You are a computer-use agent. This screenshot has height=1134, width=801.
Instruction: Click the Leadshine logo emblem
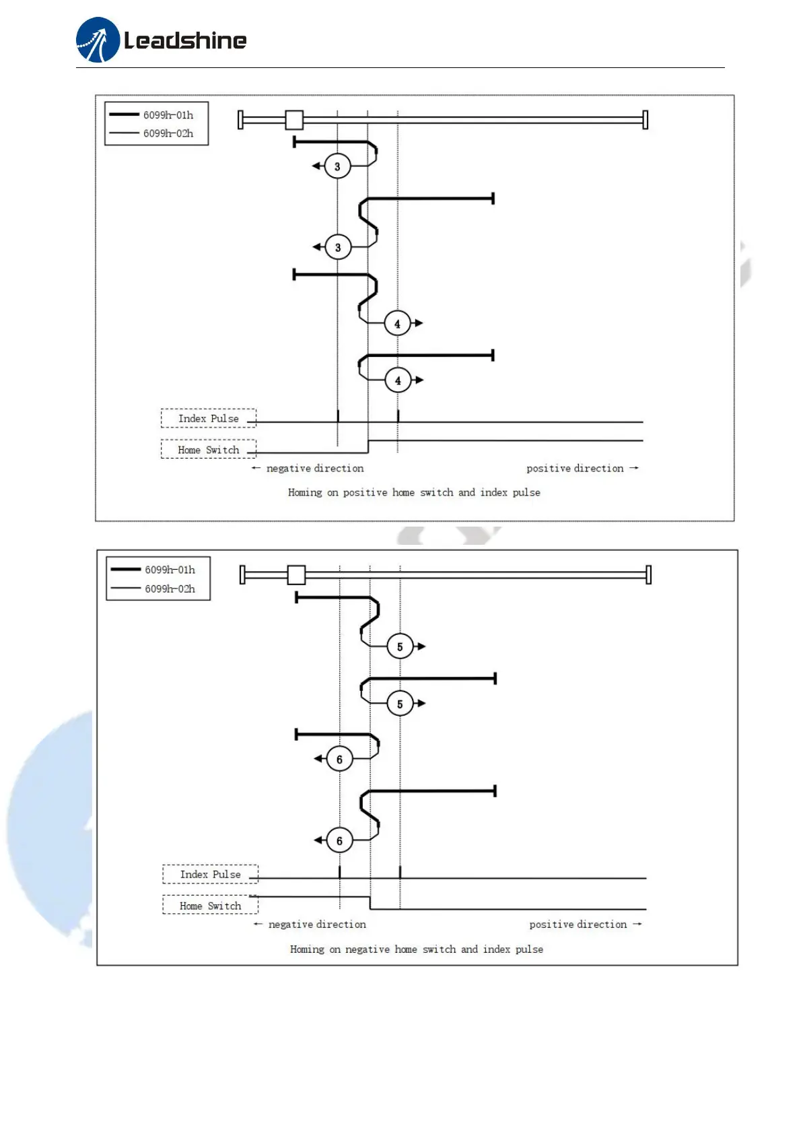(x=98, y=40)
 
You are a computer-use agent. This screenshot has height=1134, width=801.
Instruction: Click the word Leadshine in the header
(x=185, y=41)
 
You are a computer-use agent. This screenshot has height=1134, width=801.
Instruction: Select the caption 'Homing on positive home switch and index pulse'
(x=414, y=493)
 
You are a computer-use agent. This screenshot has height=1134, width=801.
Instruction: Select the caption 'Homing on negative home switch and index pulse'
(x=416, y=949)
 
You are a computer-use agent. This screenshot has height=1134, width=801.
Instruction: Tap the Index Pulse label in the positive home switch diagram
(x=209, y=419)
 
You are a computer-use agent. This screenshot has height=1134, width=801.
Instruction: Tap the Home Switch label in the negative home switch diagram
(x=210, y=906)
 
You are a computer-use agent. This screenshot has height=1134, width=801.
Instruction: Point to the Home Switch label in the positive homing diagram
(x=209, y=450)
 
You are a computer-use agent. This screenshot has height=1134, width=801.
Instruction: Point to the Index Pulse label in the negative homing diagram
(x=210, y=875)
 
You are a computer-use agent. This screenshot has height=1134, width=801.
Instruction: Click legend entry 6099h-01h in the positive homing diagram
(x=168, y=115)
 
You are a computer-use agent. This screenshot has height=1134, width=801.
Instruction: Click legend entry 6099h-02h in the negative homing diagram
(x=170, y=589)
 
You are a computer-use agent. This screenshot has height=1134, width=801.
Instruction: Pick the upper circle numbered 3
(x=338, y=166)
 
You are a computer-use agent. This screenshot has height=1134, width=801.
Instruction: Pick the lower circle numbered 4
(x=398, y=380)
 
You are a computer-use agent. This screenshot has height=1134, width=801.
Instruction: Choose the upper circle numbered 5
(x=400, y=646)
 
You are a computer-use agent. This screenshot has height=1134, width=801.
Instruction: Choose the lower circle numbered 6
(x=339, y=841)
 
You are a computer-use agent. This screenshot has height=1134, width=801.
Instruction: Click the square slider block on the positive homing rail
(x=294, y=120)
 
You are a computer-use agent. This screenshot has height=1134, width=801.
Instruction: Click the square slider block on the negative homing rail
(x=296, y=575)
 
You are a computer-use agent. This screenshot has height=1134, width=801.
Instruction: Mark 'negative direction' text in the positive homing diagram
(x=314, y=469)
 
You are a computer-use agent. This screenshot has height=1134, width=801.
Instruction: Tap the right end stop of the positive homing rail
(x=645, y=120)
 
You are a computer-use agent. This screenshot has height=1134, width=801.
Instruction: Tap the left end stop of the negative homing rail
(x=242, y=575)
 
